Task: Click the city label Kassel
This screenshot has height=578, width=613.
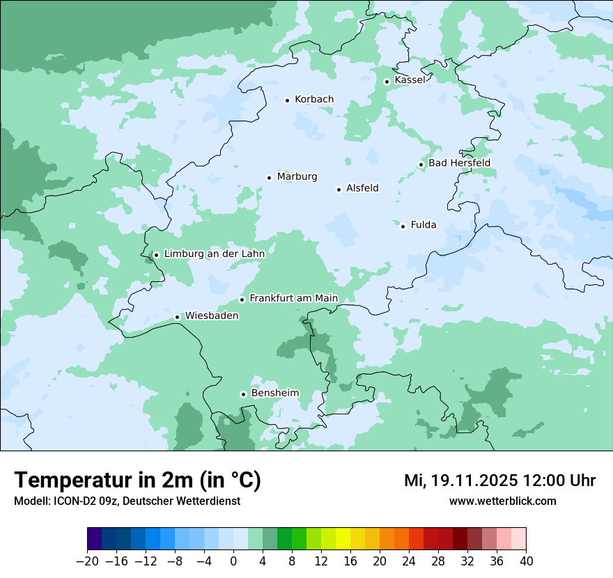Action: [410, 80]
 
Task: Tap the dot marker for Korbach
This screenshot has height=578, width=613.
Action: [287, 100]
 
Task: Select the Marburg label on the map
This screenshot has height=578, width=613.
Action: [297, 177]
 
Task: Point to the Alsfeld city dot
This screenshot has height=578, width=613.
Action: [339, 189]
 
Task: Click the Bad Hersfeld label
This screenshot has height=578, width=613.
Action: [459, 163]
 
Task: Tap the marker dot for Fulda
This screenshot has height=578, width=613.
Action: [403, 226]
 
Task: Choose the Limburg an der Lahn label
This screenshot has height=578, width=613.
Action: [214, 254]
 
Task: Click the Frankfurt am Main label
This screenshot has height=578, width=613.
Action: [293, 298]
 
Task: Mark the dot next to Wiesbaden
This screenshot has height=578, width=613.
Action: [178, 318]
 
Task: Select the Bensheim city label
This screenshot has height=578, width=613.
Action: [274, 393]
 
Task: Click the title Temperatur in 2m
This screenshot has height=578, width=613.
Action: [137, 481]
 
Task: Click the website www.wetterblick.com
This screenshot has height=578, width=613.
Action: [502, 501]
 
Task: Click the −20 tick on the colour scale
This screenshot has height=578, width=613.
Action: [87, 561]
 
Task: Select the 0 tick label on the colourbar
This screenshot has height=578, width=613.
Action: [233, 561]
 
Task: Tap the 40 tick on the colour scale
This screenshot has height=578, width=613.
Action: [526, 561]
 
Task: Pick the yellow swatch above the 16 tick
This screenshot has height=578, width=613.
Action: [343, 539]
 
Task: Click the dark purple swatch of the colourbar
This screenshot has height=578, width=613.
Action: [95, 539]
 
